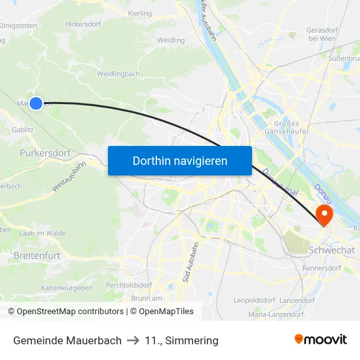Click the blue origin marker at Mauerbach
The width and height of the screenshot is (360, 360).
tap(36, 103)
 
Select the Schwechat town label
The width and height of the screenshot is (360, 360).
tap(331, 250)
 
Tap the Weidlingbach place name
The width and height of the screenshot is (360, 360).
tap(118, 74)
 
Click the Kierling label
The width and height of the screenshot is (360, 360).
tap(140, 13)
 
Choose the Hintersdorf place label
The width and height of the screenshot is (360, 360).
tap(83, 24)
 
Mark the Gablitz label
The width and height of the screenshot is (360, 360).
tap(23, 130)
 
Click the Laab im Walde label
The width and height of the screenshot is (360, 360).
tap(43, 233)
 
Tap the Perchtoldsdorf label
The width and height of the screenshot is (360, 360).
tap(129, 285)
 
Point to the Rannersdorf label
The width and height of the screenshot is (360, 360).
tap(321, 268)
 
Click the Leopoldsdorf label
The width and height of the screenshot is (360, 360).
tap(254, 300)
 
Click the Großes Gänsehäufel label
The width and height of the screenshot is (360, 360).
tap(286, 128)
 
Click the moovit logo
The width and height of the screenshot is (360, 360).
tap(321, 340)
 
